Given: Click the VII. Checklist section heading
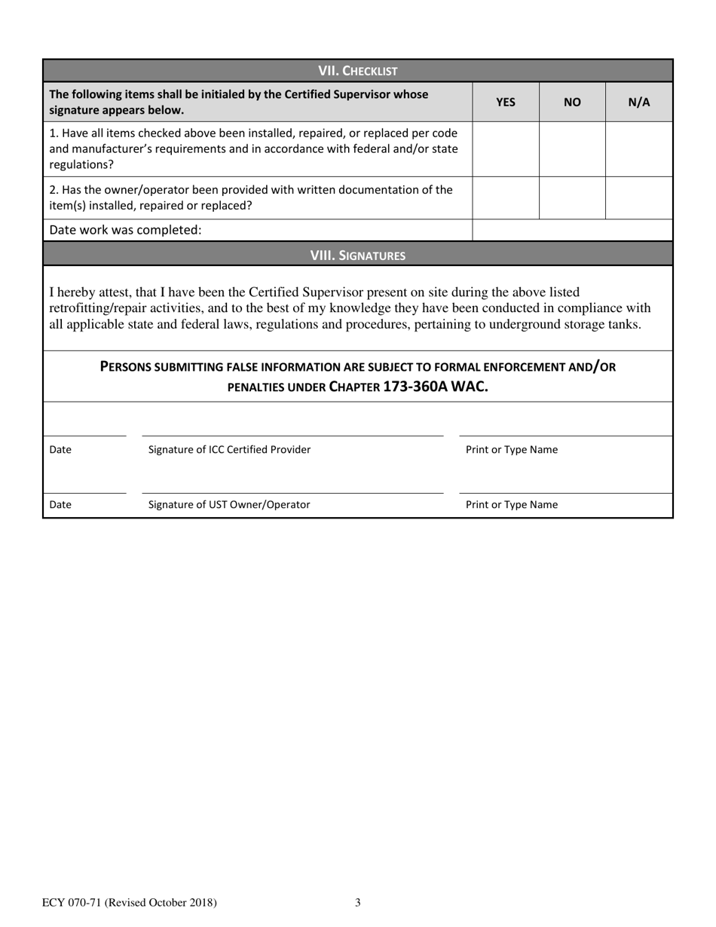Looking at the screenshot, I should tap(357, 71).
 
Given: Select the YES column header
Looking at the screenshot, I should tap(505, 102).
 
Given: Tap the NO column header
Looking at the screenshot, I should tap(572, 102).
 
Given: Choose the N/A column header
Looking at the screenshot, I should tap(638, 102).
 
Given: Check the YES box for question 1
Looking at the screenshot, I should tap(505, 149).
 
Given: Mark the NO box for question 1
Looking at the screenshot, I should tap(572, 149).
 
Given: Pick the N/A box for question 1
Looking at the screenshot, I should tap(638, 149).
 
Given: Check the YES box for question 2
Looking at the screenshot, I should tap(505, 198).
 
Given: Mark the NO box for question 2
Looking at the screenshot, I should tap(572, 198).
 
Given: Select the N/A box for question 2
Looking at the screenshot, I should tap(638, 198).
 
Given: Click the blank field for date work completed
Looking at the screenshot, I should tap(571, 230).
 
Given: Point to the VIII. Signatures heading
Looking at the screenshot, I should tap(357, 255).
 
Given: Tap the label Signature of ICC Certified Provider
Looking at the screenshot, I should tap(229, 450).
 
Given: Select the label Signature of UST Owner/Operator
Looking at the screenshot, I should tap(229, 505).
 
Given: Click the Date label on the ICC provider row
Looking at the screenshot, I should tap(60, 450).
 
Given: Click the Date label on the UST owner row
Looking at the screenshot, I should tap(60, 505).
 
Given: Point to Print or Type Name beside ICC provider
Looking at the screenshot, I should tap(512, 450).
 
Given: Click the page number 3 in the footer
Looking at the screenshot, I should tap(358, 902).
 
